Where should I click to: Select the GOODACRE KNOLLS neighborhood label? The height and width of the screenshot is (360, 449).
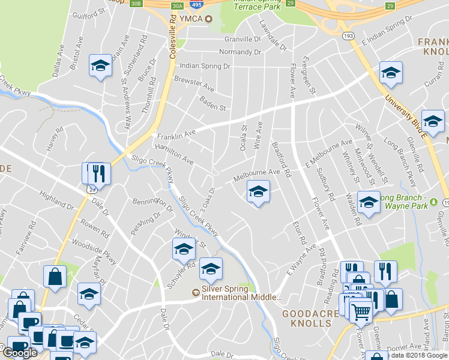[307, 318]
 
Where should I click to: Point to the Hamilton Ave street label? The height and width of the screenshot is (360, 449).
[174, 154]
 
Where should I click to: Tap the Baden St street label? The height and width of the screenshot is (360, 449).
[212, 104]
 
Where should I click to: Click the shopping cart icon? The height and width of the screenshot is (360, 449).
[361, 311]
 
